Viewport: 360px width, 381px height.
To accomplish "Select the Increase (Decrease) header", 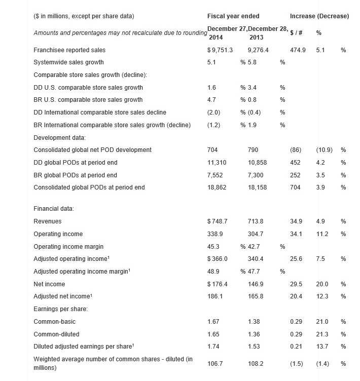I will click(x=319, y=16).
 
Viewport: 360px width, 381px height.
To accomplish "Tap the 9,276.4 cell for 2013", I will click(x=258, y=50).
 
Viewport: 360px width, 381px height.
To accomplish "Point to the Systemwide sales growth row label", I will click(x=68, y=62).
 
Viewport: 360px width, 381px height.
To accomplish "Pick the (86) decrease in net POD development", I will click(x=296, y=150).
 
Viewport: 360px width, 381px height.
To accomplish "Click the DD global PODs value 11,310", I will click(x=217, y=163).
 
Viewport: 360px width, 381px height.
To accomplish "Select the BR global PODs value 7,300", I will click(x=257, y=175).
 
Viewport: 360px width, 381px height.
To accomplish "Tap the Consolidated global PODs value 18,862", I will click(x=217, y=187).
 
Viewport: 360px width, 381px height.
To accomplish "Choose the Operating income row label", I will click(x=58, y=234).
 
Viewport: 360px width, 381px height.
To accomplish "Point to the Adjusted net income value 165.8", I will click(x=255, y=296).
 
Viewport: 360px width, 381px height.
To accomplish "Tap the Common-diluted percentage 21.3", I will click(x=322, y=334).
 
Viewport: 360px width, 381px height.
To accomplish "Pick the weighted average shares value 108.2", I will click(x=255, y=363).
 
